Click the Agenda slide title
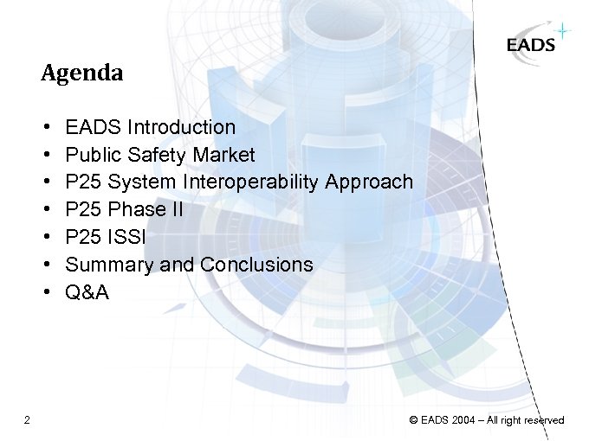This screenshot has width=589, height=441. pyautogui.click(x=82, y=73)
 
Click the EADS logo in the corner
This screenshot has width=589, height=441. pyautogui.click(x=531, y=45)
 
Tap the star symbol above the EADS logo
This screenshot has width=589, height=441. pyautogui.click(x=564, y=32)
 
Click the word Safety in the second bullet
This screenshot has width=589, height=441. pyautogui.click(x=152, y=155)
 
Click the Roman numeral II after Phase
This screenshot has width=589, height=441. pyautogui.click(x=175, y=210)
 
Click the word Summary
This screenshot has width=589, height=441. pyautogui.click(x=110, y=265)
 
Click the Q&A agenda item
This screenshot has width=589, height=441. pyautogui.click(x=87, y=292)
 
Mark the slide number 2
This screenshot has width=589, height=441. pyautogui.click(x=28, y=420)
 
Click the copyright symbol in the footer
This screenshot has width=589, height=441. pyautogui.click(x=413, y=420)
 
